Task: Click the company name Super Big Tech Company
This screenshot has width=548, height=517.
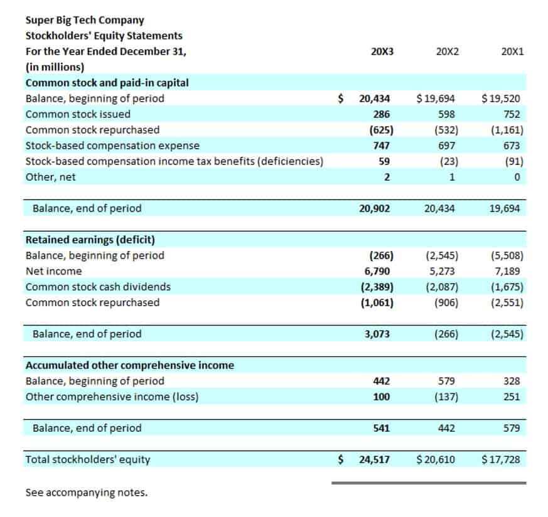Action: pos(84,20)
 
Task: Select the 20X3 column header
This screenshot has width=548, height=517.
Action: pos(382,51)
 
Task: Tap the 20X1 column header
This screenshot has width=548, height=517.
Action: pos(512,51)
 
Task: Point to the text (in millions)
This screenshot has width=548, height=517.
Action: pos(55,67)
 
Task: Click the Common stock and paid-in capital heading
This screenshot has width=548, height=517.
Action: pos(107,83)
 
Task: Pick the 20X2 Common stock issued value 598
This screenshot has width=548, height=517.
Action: pos(447,114)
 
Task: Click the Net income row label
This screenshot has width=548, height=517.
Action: pos(53,271)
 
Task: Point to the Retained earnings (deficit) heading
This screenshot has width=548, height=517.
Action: pos(90,240)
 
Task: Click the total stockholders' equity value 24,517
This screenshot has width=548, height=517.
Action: pos(374,459)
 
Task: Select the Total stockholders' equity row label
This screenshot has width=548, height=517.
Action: pos(87,459)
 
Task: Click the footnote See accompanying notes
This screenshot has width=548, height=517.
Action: pos(86,493)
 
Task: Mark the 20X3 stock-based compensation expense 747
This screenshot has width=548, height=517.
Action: pos(381,146)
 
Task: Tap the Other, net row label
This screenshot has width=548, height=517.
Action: pos(50,177)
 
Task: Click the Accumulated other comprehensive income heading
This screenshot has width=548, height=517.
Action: pos(129,365)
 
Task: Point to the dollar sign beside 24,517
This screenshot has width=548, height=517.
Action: pos(341,459)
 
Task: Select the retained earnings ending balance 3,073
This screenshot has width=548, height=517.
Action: pos(377,334)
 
